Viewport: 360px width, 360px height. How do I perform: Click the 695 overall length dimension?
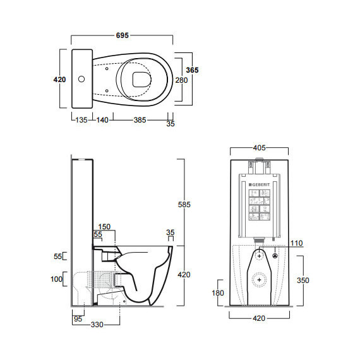coord(123,35)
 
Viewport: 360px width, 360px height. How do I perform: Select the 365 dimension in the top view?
coord(192,70)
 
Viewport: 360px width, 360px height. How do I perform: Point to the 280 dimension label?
coord(181,80)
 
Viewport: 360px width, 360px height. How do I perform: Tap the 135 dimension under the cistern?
coord(81,120)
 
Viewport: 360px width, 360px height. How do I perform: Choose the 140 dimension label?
coord(102,120)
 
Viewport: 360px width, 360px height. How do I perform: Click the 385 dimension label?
coord(140,120)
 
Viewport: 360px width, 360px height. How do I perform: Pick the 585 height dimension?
coord(184,205)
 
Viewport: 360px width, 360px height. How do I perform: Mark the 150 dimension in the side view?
coord(104,227)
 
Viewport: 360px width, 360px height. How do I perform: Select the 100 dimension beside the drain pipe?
coord(56,279)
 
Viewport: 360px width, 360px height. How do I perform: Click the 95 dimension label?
coord(78,319)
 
